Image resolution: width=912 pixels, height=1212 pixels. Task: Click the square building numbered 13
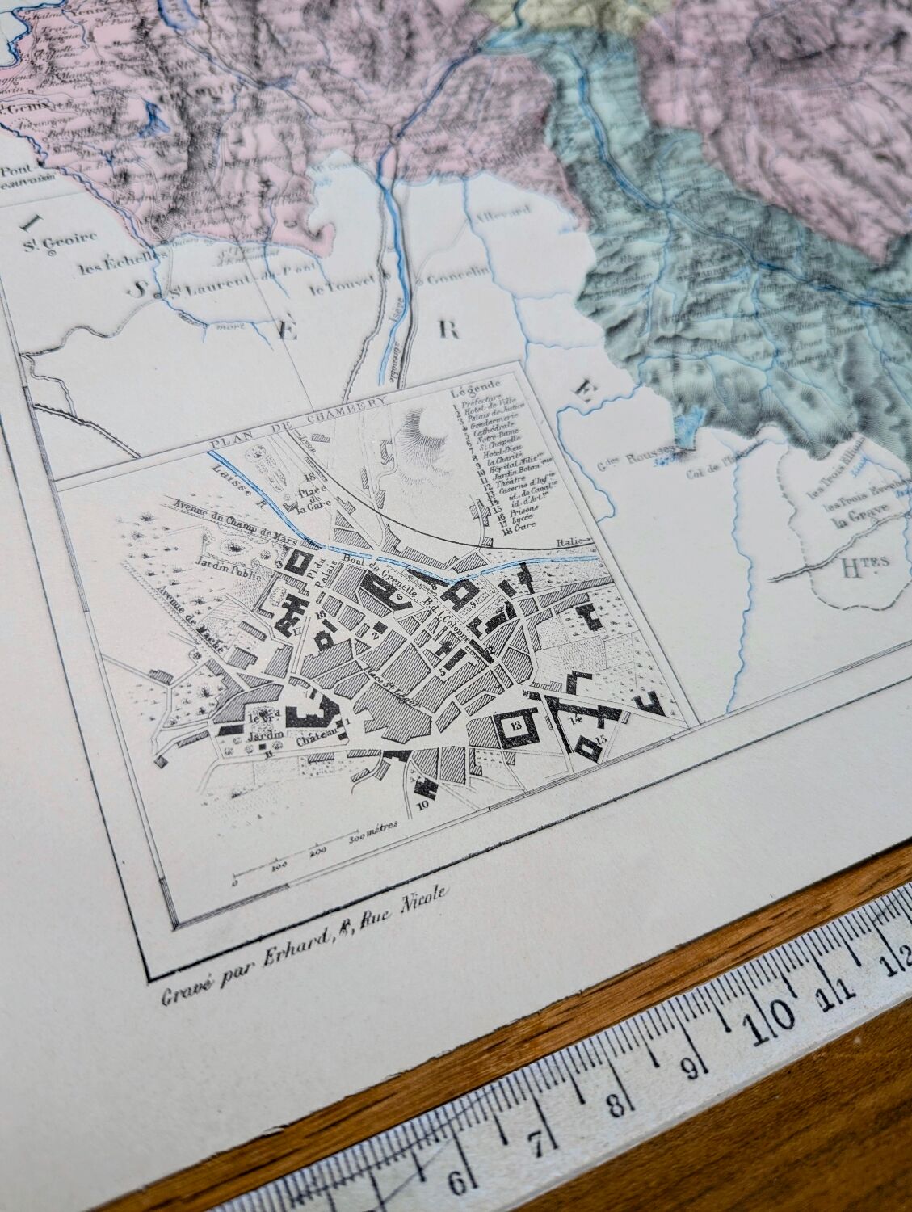pos(515,725)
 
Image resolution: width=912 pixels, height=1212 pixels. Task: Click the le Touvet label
pos(343,284)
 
